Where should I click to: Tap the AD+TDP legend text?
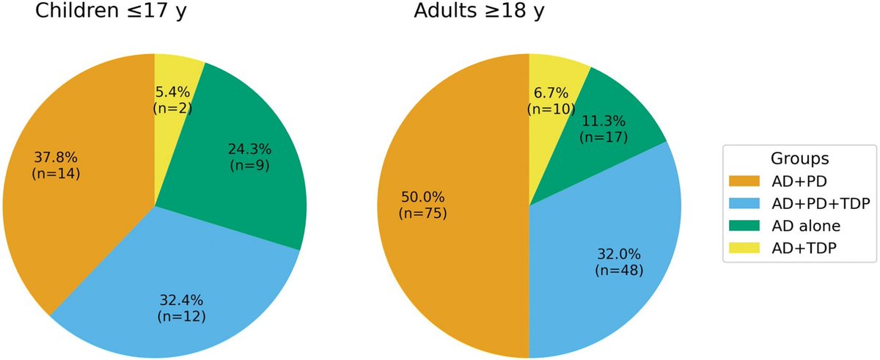tap(804, 249)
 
